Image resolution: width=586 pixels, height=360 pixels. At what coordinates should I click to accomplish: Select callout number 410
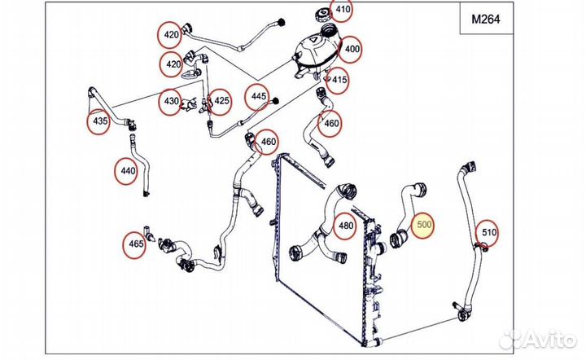coord(343,11)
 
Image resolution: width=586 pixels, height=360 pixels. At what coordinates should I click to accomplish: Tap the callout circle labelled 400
coord(352,48)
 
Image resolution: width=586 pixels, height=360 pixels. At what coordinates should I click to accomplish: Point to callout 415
coord(339,80)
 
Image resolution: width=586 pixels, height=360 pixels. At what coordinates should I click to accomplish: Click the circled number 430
coord(171,101)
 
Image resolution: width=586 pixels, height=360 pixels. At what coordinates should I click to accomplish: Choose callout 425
coord(221,102)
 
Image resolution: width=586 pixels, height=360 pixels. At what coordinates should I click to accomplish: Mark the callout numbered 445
coord(260,96)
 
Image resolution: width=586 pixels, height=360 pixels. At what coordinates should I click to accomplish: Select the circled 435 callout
coord(99,121)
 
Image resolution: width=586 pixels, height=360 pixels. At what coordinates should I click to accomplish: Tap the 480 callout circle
coord(346,226)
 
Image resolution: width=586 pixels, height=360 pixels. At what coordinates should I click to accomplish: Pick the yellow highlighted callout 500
coord(425,226)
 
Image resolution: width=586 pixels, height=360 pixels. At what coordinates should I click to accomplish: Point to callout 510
coord(486,233)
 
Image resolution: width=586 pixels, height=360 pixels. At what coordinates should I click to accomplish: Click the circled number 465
coord(135,244)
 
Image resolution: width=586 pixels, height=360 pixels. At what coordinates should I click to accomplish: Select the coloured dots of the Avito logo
coord(511,338)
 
